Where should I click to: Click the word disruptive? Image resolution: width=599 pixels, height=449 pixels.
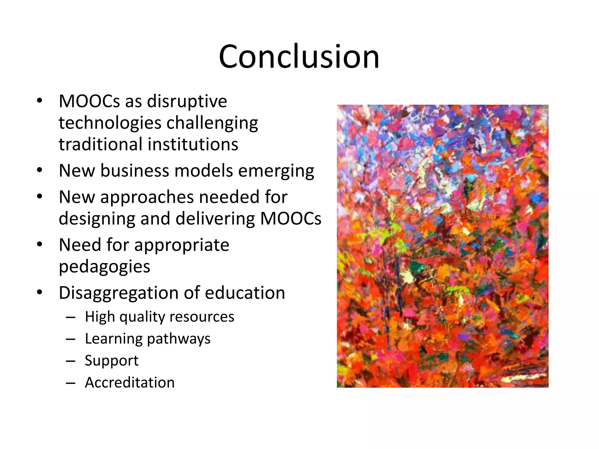pyautogui.click(x=187, y=101)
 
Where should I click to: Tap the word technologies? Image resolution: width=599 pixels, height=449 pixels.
pyautogui.click(x=110, y=123)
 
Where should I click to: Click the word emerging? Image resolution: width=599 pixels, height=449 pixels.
pyautogui.click(x=276, y=171)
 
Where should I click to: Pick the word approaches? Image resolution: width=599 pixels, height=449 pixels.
pyautogui.click(x=147, y=197)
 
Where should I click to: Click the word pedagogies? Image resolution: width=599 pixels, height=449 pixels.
pyautogui.click(x=104, y=267)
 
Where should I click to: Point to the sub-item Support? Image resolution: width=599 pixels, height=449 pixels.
pyautogui.click(x=111, y=361)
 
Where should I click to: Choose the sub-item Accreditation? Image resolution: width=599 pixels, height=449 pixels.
pyautogui.click(x=130, y=382)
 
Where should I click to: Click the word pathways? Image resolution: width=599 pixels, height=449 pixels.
pyautogui.click(x=178, y=339)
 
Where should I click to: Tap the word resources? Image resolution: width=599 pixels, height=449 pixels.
pyautogui.click(x=202, y=317)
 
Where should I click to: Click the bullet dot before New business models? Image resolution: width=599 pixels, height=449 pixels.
pyautogui.click(x=39, y=170)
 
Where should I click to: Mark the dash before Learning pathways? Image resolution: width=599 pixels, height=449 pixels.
pyautogui.click(x=71, y=339)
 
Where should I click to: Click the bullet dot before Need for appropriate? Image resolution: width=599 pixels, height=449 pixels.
pyautogui.click(x=39, y=244)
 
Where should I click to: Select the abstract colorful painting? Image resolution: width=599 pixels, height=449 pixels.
pyautogui.click(x=442, y=246)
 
